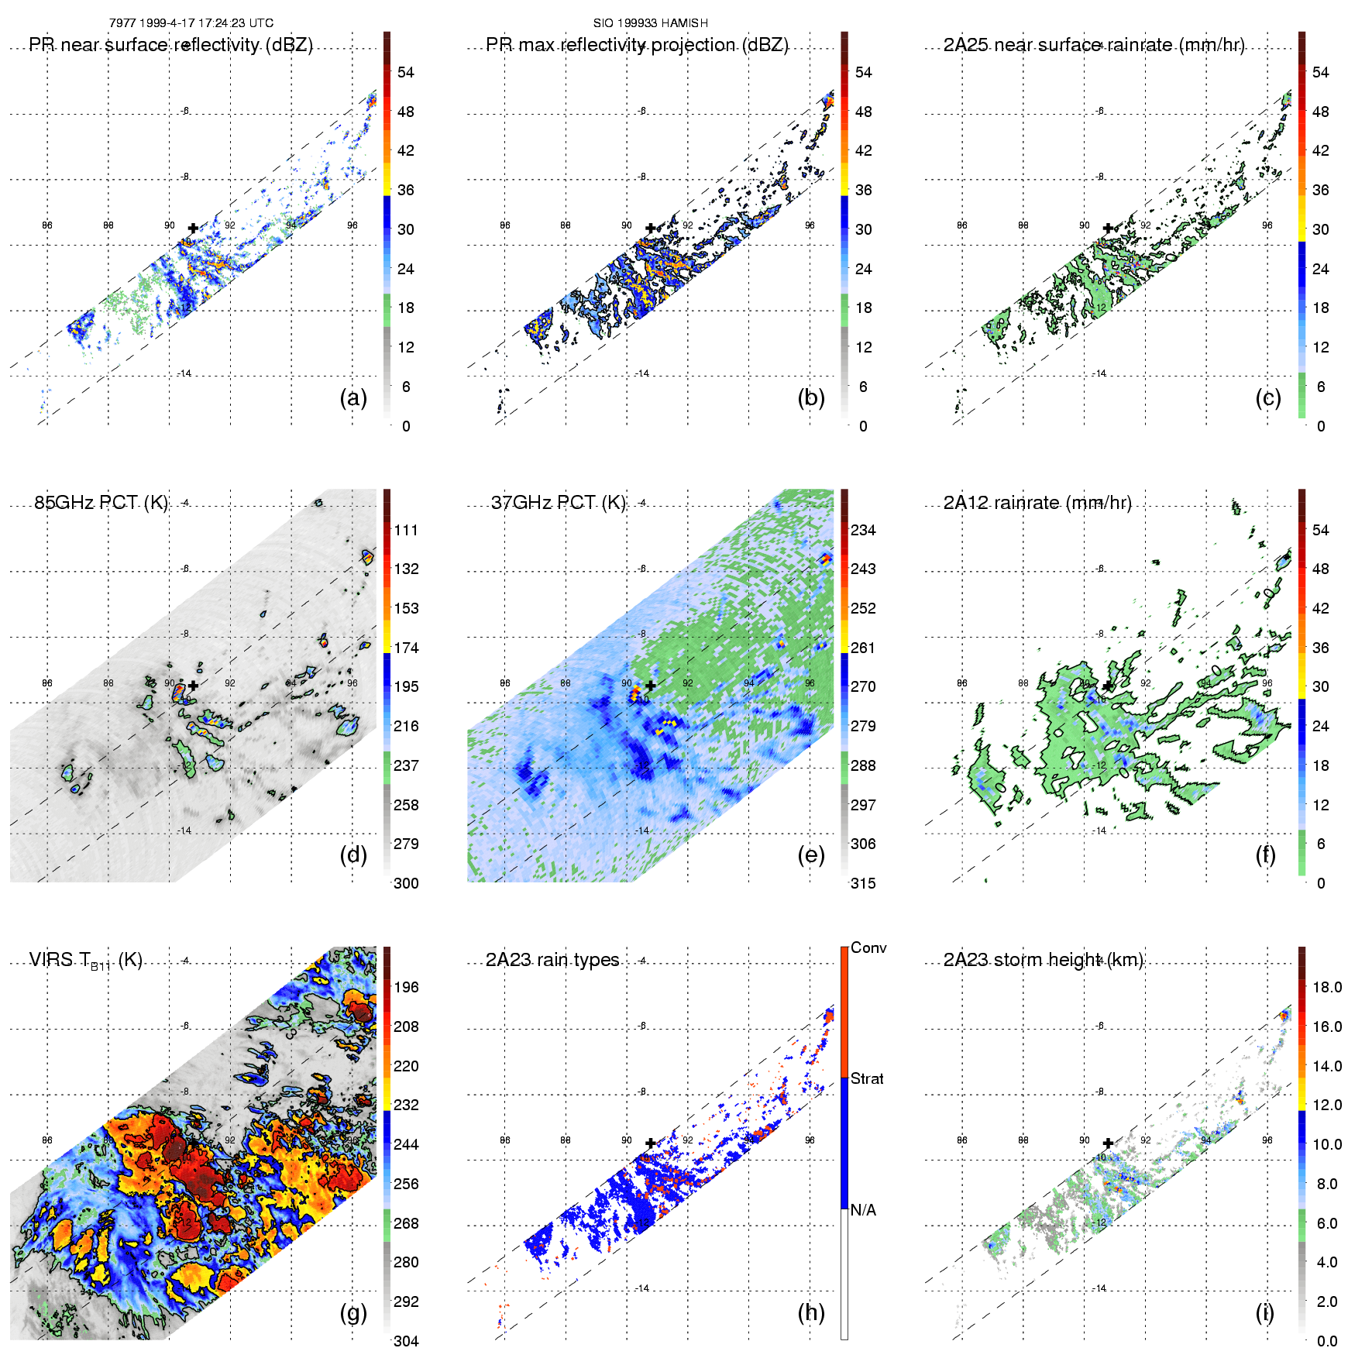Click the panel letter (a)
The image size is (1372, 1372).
(x=353, y=398)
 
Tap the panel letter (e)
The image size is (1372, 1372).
(x=811, y=855)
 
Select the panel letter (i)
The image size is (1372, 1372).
(x=1264, y=1313)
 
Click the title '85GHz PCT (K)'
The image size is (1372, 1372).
(x=101, y=503)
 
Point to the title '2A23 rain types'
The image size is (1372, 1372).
(x=552, y=960)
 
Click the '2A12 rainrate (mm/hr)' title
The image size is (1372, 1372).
(x=1037, y=503)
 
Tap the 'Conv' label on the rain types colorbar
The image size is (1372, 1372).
(x=868, y=947)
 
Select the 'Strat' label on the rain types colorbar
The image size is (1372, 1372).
(x=867, y=1078)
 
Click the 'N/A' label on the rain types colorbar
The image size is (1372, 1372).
(x=863, y=1210)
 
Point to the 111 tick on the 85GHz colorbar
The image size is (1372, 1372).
(x=406, y=530)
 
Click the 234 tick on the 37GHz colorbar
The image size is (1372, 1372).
(x=863, y=530)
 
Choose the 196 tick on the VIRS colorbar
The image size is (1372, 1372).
(x=406, y=987)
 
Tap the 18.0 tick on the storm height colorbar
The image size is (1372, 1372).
(x=1327, y=987)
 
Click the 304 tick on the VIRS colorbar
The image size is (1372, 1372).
(x=406, y=1341)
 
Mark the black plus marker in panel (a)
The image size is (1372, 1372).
(x=193, y=228)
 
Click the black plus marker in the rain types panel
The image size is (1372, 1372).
(x=651, y=1143)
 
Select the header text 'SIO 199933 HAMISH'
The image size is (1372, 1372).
(x=651, y=23)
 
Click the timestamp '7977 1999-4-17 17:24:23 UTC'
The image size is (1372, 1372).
(x=191, y=23)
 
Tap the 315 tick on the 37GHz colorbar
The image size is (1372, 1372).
(x=863, y=883)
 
